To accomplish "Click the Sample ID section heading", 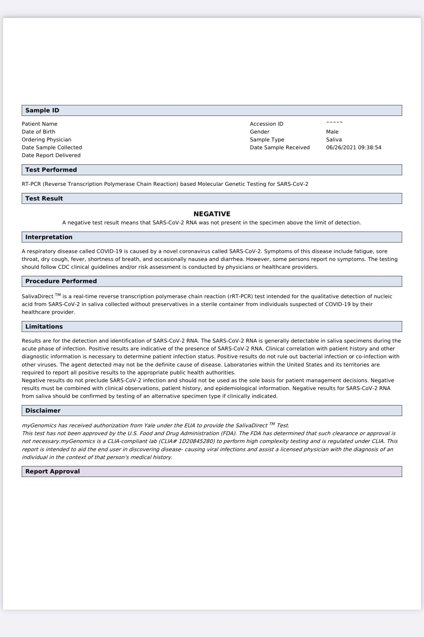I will [42, 110].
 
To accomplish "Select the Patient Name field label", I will [40, 124].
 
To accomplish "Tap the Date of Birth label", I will [39, 132].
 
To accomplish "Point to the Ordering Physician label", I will [46, 140].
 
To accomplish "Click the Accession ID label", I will [267, 124].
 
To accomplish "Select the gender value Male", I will [332, 132].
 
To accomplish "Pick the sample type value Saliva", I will [334, 140].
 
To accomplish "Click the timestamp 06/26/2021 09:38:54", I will [354, 148].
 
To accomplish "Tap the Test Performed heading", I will [51, 170].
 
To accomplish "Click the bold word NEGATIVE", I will [212, 214].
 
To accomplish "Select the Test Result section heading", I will [44, 198].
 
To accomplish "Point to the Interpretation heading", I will [49, 237].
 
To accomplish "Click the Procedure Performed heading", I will [61, 281].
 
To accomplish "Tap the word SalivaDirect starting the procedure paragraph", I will [38, 296].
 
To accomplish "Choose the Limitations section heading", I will [44, 327].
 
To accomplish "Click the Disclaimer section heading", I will [43, 411].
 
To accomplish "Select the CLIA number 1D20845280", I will [197, 441].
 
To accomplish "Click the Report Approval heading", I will [53, 471].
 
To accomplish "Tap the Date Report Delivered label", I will [51, 155].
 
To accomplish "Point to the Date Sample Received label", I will [280, 148].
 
